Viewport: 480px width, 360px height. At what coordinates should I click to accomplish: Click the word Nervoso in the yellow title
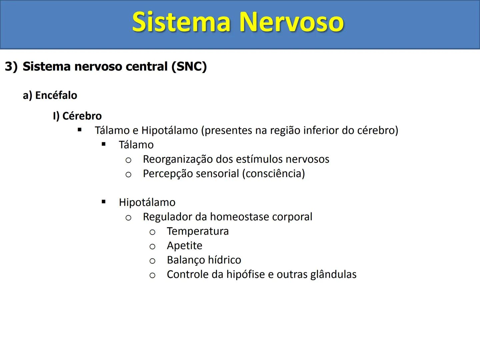click(291, 22)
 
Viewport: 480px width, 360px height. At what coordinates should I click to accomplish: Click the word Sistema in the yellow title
click(181, 22)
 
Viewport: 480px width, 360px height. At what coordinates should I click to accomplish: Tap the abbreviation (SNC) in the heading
click(189, 67)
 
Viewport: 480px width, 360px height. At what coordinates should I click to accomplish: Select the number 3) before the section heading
click(11, 67)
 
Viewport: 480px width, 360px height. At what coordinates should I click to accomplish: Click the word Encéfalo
click(56, 96)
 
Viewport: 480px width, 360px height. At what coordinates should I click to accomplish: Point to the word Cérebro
click(82, 116)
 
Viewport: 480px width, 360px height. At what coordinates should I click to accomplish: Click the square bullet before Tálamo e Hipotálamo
click(79, 130)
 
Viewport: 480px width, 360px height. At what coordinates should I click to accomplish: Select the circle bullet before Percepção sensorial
click(128, 174)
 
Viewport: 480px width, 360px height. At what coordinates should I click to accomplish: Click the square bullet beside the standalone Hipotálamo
click(104, 202)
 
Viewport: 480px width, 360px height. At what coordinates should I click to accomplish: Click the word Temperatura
click(198, 231)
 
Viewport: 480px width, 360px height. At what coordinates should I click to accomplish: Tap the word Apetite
click(184, 246)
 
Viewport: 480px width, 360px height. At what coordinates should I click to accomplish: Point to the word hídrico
click(225, 260)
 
